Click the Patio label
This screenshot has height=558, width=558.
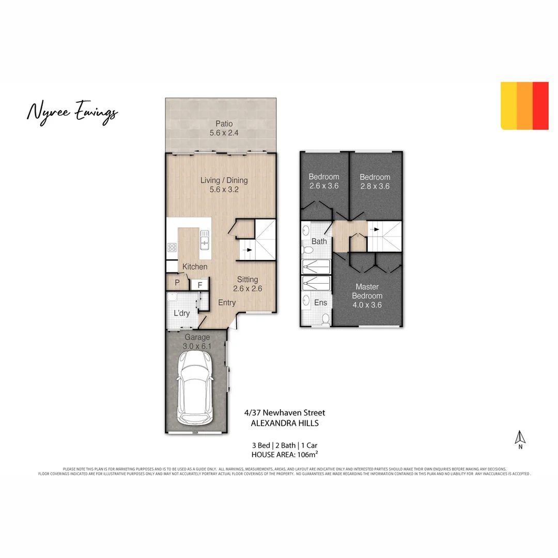[x=221, y=124]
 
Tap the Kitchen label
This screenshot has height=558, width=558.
[x=195, y=267]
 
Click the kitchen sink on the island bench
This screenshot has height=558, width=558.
[x=205, y=241]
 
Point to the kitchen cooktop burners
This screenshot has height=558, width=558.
[x=172, y=247]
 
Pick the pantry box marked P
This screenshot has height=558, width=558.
[x=177, y=283]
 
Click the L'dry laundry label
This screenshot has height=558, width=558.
[x=181, y=313]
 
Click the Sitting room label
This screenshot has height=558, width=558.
[x=247, y=280]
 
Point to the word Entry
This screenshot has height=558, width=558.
[x=227, y=303]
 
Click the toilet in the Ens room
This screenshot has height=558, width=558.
[x=326, y=319]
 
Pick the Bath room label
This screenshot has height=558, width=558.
[x=319, y=241]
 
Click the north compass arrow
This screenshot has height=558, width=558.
[x=521, y=438]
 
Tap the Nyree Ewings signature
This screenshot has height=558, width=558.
[x=72, y=112]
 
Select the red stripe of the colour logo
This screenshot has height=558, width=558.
[x=540, y=105]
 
